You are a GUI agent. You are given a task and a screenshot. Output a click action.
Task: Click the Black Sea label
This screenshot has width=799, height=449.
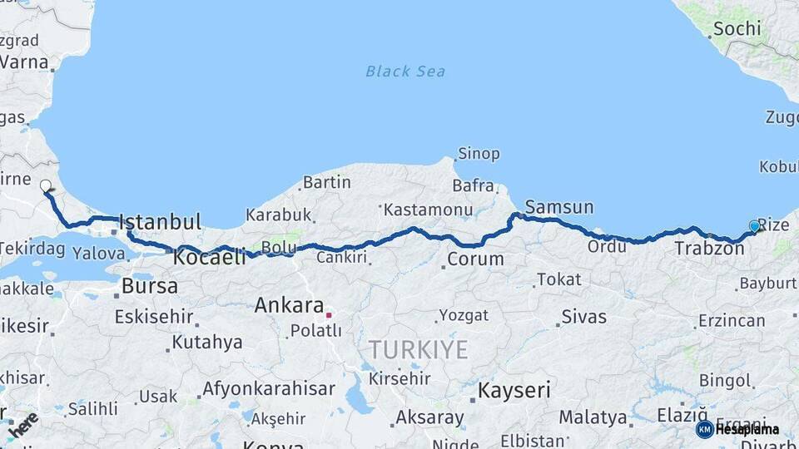405,72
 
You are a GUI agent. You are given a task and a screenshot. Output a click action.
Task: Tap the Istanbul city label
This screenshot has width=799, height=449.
160,222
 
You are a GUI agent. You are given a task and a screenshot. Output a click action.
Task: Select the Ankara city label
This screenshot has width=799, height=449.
289,304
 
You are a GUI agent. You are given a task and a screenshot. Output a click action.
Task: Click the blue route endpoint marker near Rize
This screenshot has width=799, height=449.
754,226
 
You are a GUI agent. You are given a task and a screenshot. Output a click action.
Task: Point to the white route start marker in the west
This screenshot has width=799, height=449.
46,186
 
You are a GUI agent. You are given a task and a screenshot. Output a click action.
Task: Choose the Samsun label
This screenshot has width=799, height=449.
559,207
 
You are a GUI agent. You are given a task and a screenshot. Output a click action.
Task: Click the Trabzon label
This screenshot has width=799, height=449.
709,248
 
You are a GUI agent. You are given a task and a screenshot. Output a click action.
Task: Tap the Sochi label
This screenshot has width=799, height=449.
737,28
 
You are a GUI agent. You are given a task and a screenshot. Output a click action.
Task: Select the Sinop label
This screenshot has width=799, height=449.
479,154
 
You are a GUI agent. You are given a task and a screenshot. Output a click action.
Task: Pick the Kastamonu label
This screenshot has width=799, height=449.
428,210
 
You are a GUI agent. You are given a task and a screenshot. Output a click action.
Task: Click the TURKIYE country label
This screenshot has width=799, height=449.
419,349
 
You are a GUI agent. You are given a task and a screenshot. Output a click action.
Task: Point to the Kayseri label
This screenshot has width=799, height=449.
514,389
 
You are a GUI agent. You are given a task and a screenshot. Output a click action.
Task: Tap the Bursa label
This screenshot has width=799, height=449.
149,286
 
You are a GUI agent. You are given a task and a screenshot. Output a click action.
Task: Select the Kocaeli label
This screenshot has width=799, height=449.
209,258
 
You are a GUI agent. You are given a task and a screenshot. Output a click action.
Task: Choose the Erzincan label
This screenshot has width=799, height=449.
732,320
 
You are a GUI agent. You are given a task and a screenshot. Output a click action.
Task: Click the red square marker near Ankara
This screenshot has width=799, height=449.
329,315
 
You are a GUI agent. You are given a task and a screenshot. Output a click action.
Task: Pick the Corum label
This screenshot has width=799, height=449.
475,259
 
